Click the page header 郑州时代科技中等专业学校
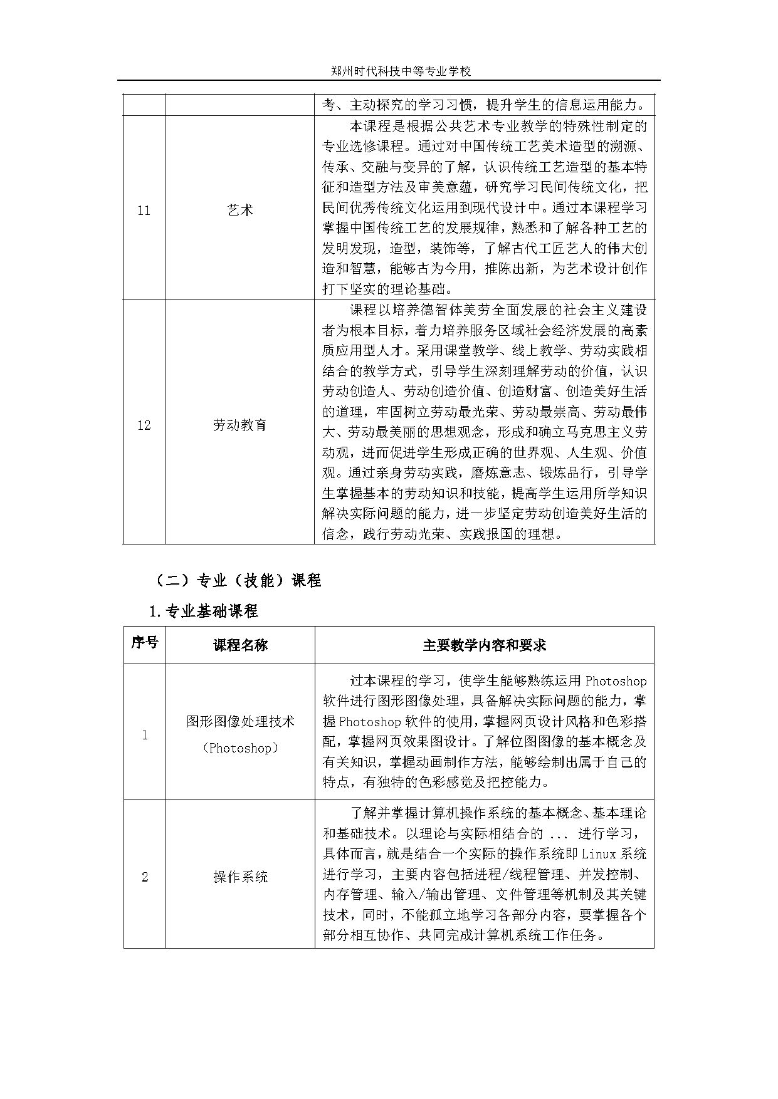[x=401, y=71]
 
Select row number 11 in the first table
[x=144, y=211]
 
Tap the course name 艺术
[x=240, y=211]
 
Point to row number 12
[x=144, y=425]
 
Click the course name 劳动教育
[x=240, y=425]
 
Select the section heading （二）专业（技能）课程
[x=237, y=581]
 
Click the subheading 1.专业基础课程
[x=204, y=611]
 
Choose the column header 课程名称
[x=240, y=645]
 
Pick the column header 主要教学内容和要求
[x=484, y=645]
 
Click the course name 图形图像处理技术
[x=240, y=721]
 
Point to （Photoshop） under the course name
[x=240, y=747]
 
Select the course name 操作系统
[x=240, y=877]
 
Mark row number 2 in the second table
[x=144, y=877]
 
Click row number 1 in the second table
[x=144, y=734]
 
